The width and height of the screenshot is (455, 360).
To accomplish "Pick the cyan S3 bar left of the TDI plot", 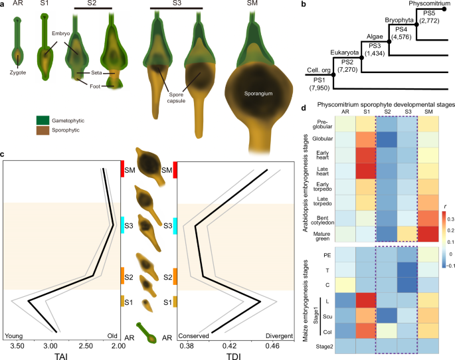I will (x=175, y=225).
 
